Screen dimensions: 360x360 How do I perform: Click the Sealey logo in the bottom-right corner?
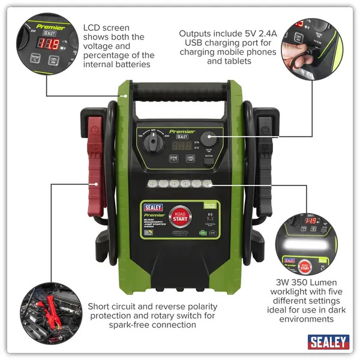coord(328,342)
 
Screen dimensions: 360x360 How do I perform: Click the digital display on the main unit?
coord(181,146)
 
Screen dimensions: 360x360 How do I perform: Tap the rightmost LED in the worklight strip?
coord(208,184)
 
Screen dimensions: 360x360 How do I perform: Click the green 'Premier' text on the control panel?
coord(182,131)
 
